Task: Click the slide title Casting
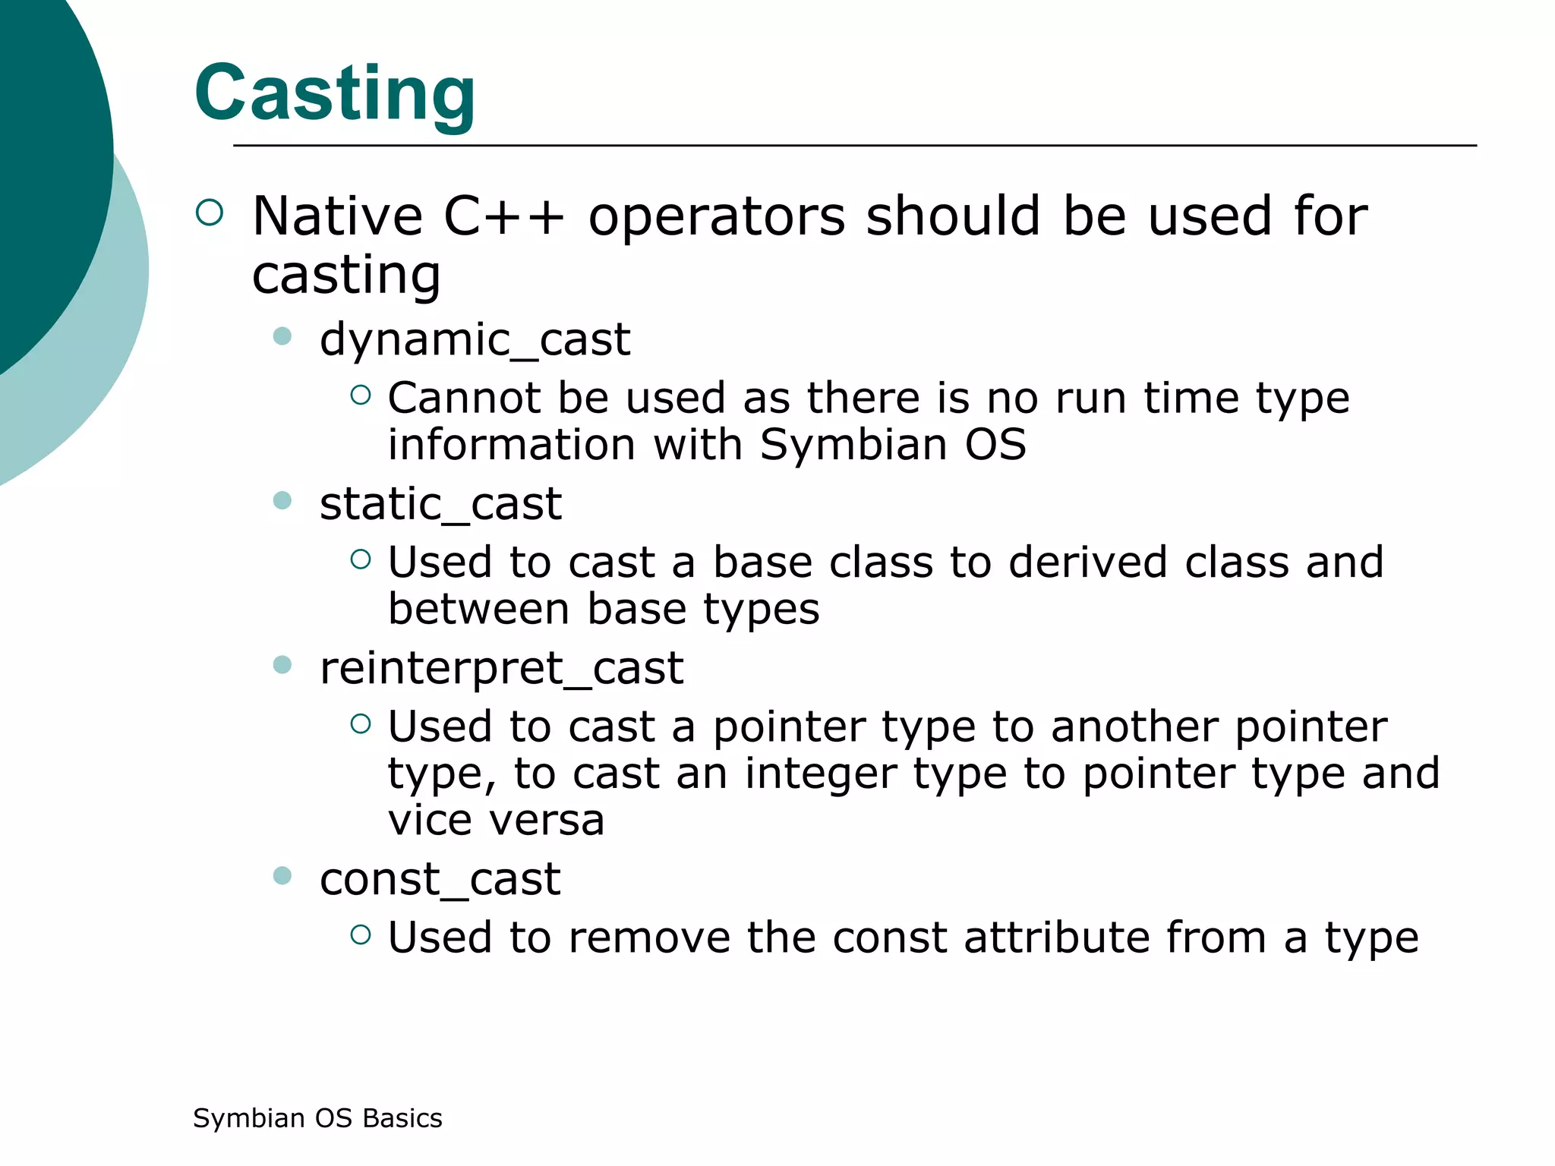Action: click(335, 93)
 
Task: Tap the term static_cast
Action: click(440, 503)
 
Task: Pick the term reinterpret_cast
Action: click(501, 668)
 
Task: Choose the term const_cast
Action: click(440, 879)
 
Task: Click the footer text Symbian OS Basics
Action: click(317, 1118)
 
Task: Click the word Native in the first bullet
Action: click(337, 216)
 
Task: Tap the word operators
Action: click(717, 216)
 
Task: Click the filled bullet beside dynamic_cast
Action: click(282, 336)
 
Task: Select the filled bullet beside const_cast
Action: click(282, 876)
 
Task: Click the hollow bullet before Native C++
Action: click(210, 213)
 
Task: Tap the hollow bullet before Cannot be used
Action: click(361, 395)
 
